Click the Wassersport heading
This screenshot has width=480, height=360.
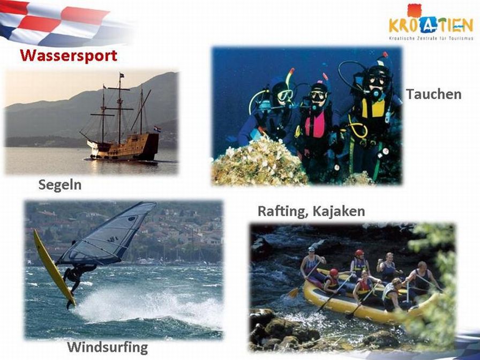coord(69,56)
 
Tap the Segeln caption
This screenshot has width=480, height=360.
coord(60,185)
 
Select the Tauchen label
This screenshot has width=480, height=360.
coord(433,94)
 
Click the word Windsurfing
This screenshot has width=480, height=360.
coord(108,348)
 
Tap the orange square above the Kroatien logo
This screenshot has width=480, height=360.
coord(414,10)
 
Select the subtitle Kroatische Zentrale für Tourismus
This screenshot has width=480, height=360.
coord(431,39)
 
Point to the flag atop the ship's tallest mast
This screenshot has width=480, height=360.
coord(122,75)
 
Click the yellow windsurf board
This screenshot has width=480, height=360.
coord(54,268)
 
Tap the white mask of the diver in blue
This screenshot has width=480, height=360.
coord(284,95)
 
